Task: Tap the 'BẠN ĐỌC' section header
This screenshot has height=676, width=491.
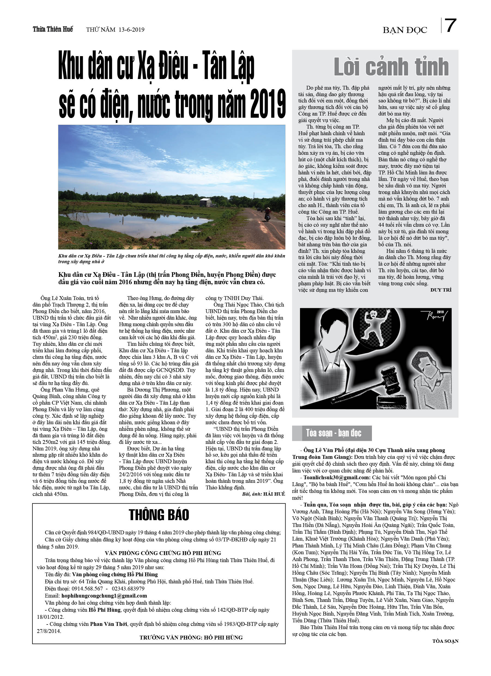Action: pyautogui.click(x=405, y=30)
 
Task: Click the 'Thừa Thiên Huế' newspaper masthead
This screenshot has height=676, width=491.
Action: pyautogui.click(x=53, y=29)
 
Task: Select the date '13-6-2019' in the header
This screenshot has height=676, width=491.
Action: pyautogui.click(x=132, y=29)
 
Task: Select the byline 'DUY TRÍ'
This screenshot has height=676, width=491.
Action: pyautogui.click(x=441, y=290)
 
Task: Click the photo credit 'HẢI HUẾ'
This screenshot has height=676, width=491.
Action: pyautogui.click(x=274, y=494)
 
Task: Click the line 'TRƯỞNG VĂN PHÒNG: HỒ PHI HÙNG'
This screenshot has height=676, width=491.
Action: pyautogui.click(x=191, y=637)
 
